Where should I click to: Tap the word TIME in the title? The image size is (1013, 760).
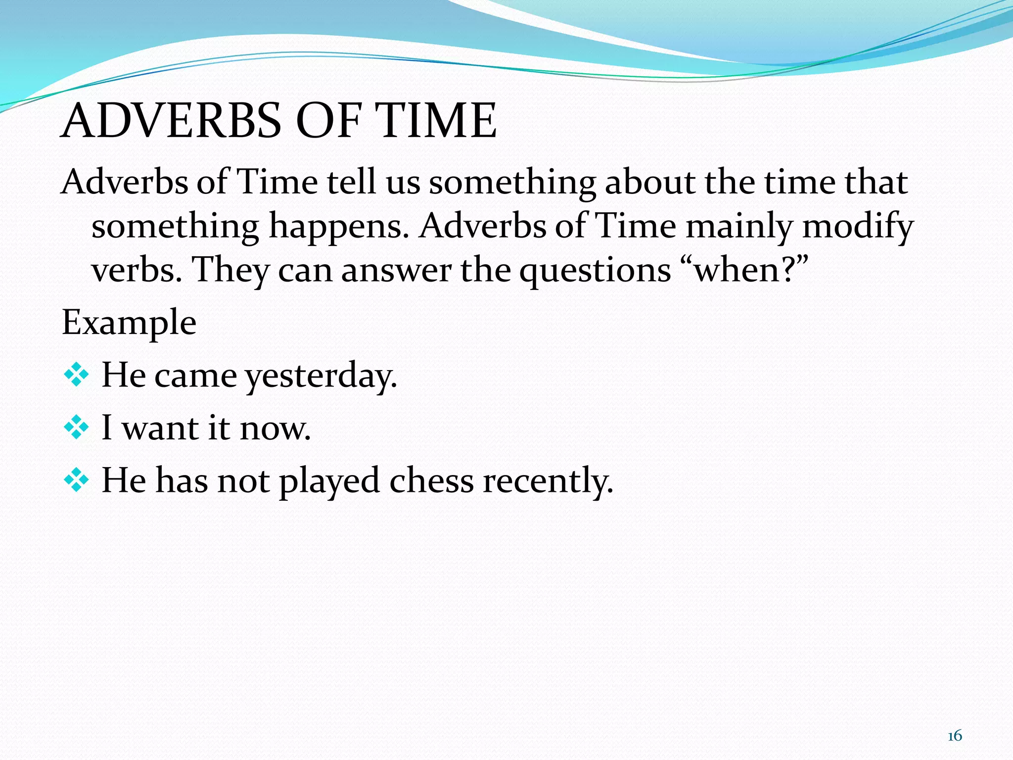435,120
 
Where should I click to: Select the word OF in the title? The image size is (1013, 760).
327,120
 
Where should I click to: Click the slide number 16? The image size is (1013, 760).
955,736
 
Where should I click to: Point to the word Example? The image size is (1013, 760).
129,323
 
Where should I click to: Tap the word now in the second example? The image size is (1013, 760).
275,428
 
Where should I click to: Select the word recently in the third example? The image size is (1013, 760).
548,480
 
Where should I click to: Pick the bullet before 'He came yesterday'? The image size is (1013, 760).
77,376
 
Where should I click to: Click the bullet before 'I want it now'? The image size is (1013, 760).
77,427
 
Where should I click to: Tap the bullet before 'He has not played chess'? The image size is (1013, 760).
77,480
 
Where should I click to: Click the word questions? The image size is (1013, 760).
595,271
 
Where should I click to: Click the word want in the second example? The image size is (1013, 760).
161,428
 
